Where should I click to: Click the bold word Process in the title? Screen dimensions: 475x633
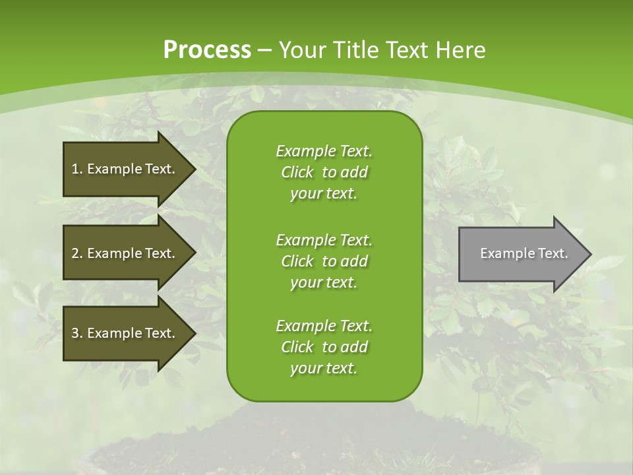click(207, 50)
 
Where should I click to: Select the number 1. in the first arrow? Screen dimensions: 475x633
click(76, 169)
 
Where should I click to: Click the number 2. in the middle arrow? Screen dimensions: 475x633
click(76, 253)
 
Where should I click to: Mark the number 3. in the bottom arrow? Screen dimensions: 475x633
click(76, 333)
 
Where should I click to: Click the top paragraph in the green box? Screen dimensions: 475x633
click(324, 172)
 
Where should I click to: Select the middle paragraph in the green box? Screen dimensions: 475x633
click(324, 261)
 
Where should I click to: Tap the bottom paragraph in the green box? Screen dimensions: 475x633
click(324, 347)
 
